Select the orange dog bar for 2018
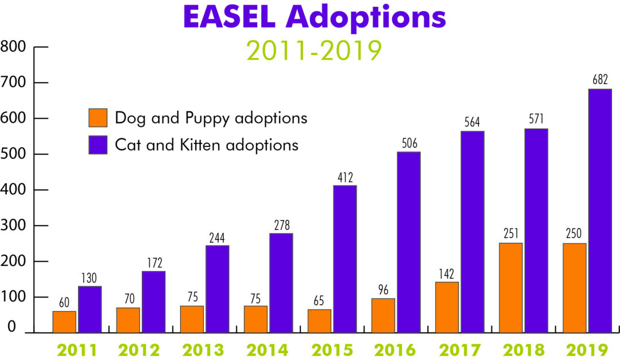(511, 288)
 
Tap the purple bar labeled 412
(345, 259)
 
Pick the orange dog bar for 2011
(64, 322)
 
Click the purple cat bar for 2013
(218, 289)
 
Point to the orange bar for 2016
(383, 315)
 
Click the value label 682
(600, 80)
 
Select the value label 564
(472, 122)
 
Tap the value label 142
(447, 273)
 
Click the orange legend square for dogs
(98, 118)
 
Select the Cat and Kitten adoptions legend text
(207, 144)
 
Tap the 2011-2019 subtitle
(314, 51)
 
